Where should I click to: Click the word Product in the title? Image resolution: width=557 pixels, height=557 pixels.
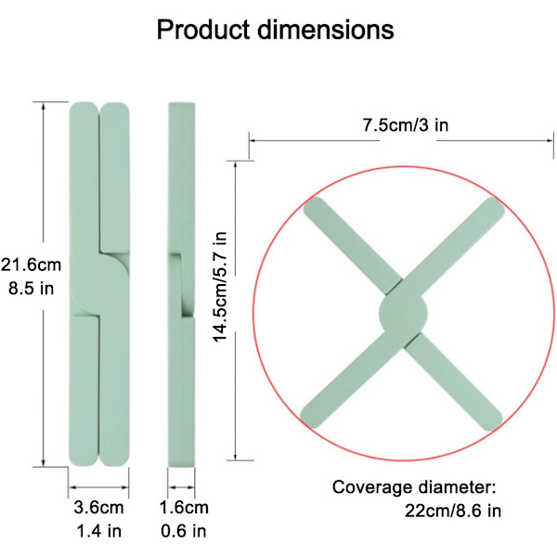tap(203, 30)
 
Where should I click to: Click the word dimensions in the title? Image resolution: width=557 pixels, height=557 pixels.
tap(326, 30)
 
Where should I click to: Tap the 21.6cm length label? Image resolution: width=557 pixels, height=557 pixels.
tap(31, 265)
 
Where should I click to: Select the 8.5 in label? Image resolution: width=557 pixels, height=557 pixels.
tap(31, 289)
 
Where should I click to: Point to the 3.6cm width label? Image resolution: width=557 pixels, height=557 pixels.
tap(98, 507)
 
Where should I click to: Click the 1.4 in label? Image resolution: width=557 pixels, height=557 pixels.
tap(98, 531)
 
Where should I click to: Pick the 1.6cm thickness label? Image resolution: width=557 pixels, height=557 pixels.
tap(184, 507)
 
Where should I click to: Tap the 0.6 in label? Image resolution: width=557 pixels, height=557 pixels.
tap(184, 531)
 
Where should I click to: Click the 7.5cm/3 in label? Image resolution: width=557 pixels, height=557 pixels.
tap(406, 125)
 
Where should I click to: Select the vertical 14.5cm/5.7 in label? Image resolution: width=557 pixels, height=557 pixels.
tap(219, 287)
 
